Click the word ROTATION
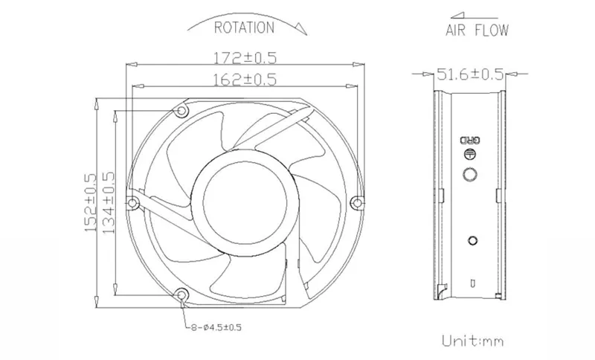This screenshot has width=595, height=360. coord(244,28)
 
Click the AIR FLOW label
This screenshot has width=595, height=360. coord(477,30)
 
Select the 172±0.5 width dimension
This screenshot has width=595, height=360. coord(245,58)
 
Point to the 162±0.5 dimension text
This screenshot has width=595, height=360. coord(245,80)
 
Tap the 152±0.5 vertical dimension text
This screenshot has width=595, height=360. coord(90,202)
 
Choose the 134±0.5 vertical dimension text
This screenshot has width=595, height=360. coord(108,202)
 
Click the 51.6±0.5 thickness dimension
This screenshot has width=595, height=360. coord(471,74)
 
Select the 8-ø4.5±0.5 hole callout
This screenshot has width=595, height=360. coord(216,327)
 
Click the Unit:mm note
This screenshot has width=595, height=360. coord(473,341)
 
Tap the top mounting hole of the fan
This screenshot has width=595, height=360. coord(182,110)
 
